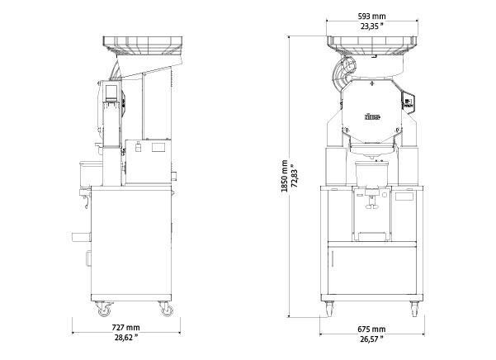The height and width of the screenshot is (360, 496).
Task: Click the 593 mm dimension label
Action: [371, 17]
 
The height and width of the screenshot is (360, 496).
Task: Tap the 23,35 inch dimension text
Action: [371, 26]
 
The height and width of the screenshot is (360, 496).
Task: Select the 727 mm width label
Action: [125, 328]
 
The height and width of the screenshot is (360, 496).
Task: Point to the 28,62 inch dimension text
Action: [126, 338]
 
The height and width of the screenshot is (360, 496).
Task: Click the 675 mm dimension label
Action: [371, 329]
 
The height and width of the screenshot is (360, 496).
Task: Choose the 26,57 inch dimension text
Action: [371, 339]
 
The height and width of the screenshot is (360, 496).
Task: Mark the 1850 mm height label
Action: [285, 176]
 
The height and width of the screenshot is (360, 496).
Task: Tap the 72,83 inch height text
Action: [295, 176]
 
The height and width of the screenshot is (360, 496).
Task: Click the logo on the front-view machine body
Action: [372, 117]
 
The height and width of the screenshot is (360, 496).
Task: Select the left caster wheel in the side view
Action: [104, 310]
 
